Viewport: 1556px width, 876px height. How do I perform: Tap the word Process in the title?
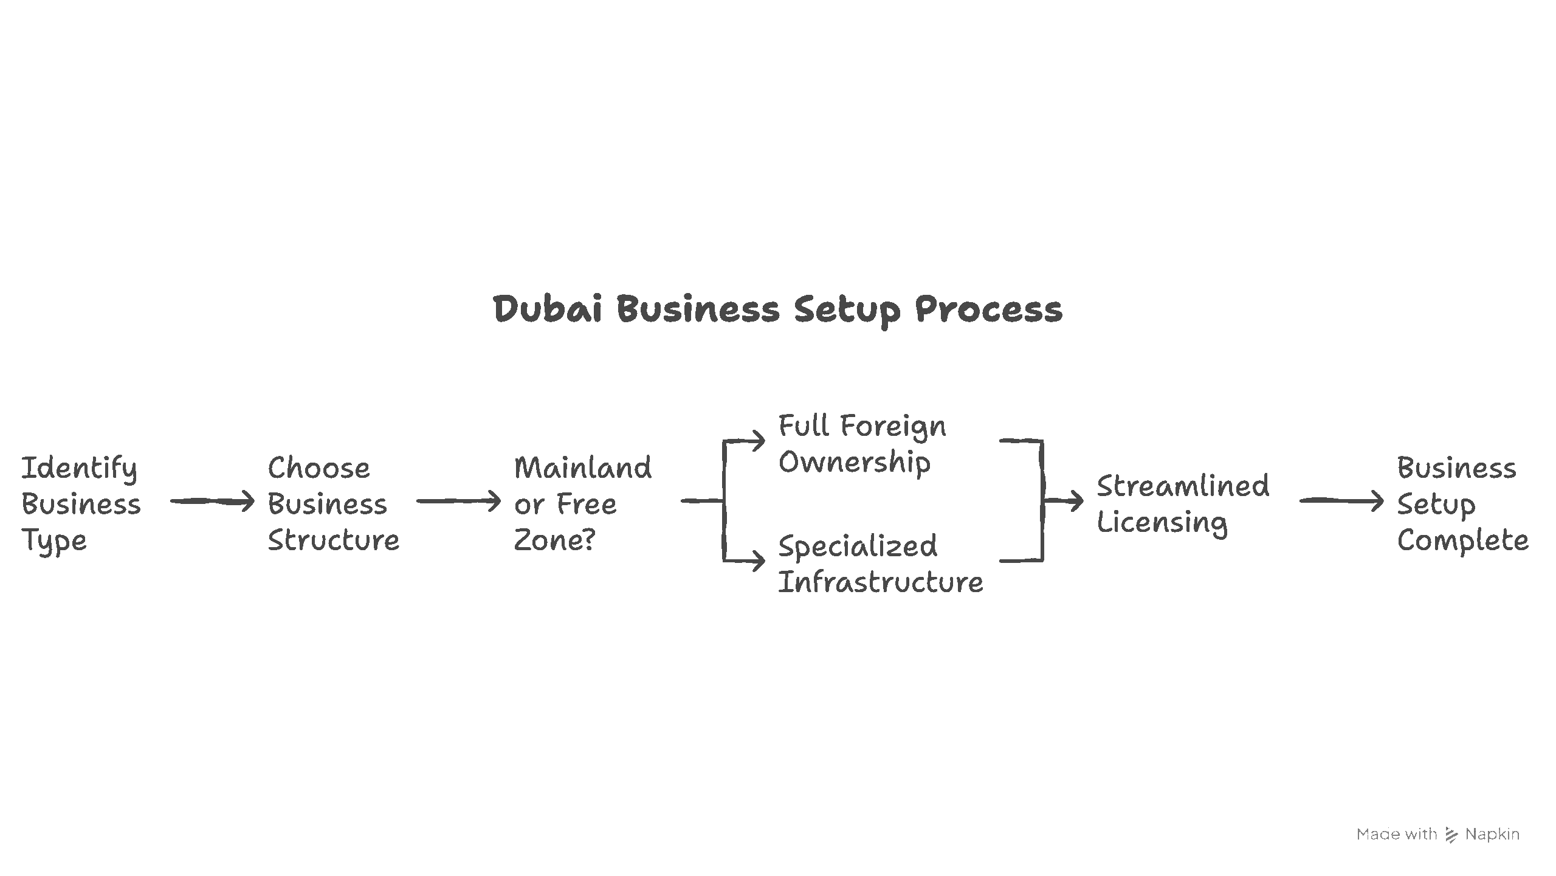(x=989, y=310)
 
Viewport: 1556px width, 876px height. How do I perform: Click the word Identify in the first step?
(x=80, y=469)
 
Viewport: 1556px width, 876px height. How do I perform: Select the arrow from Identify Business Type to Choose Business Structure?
(x=212, y=502)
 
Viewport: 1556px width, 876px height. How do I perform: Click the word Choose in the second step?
(x=319, y=469)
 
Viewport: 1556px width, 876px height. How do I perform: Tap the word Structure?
(x=334, y=540)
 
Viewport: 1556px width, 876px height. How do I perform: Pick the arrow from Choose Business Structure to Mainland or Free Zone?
(x=458, y=502)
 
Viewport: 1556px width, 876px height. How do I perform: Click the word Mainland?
(x=583, y=468)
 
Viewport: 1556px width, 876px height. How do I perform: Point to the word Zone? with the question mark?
(x=554, y=540)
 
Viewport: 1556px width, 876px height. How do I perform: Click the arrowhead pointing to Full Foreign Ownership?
(x=758, y=441)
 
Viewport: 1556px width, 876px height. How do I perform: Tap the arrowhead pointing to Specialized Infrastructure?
(x=758, y=560)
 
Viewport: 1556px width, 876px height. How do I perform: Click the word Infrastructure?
(x=881, y=582)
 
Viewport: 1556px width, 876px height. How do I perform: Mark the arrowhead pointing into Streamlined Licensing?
(x=1076, y=502)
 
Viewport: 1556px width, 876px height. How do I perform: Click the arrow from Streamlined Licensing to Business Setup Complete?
(x=1341, y=502)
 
